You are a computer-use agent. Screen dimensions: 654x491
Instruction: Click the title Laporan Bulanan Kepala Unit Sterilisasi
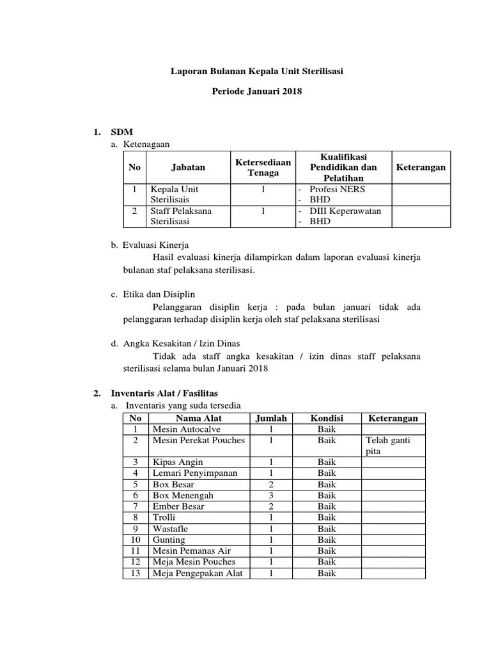point(256,72)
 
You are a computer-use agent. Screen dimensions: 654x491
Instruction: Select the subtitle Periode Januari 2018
point(256,92)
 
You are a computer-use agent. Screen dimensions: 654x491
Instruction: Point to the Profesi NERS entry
point(337,190)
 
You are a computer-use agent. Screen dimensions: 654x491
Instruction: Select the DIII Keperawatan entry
point(345,211)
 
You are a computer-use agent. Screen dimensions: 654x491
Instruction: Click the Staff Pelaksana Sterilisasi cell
point(181,216)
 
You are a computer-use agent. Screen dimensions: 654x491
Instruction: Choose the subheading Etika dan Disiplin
point(159,294)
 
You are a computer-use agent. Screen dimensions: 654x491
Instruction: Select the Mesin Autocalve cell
point(184,429)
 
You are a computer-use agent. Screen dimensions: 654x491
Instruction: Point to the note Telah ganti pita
point(387,446)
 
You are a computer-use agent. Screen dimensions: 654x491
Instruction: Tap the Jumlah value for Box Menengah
point(271,495)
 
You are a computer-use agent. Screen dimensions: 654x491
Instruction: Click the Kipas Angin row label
point(178,462)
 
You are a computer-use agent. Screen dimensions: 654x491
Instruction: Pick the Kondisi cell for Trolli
point(326,517)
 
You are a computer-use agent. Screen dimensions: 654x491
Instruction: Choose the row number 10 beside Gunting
point(136,540)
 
